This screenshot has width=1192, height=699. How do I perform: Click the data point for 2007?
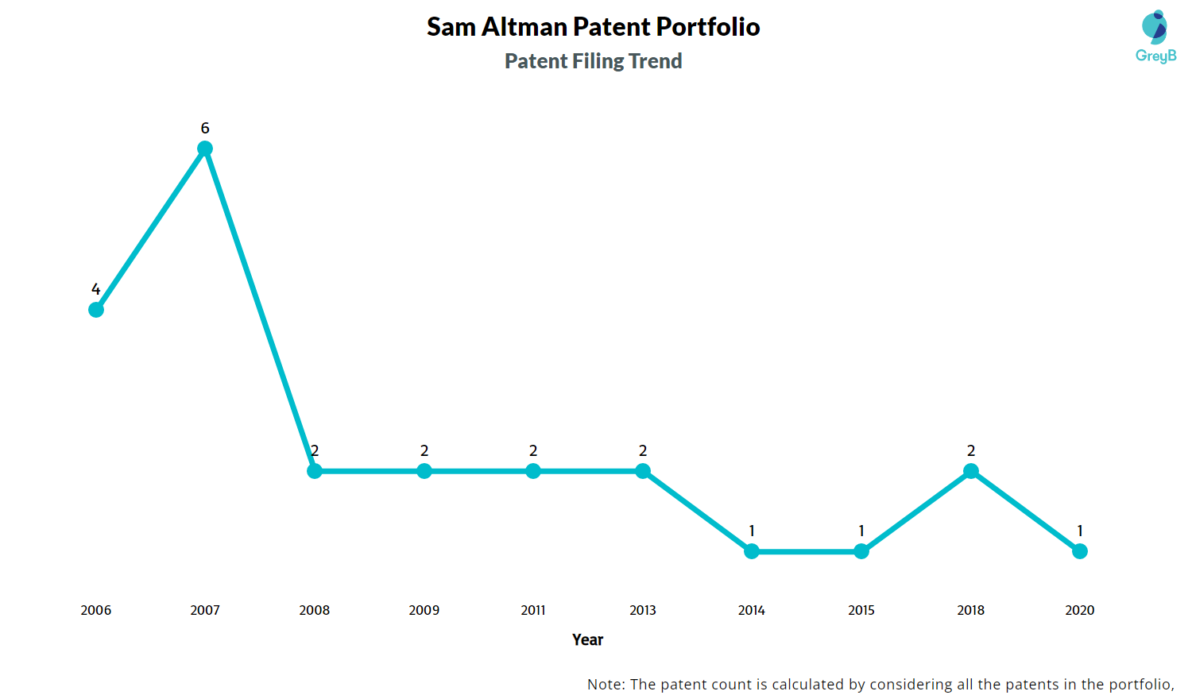(205, 149)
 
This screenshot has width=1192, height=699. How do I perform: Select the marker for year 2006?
(96, 310)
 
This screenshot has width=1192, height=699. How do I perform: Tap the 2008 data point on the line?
(315, 471)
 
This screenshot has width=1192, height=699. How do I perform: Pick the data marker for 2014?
(752, 551)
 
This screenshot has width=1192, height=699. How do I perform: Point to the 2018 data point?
(971, 471)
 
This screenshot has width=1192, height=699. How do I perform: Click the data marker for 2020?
(1080, 551)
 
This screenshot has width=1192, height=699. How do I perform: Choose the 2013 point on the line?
(643, 471)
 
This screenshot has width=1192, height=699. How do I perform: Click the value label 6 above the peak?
(205, 128)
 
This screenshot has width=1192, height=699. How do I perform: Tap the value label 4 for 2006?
(96, 289)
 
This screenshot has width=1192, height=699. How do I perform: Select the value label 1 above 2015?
(861, 531)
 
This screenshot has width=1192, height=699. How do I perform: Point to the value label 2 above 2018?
(971, 450)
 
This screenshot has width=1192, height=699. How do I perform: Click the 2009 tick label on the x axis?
(424, 610)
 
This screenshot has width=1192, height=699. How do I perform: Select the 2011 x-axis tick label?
(533, 610)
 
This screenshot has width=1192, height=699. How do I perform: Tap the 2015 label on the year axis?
(861, 610)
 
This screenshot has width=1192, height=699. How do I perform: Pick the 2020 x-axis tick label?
(1080, 610)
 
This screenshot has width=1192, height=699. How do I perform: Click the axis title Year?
(588, 639)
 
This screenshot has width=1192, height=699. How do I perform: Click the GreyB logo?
(1155, 37)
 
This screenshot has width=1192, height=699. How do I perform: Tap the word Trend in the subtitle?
(655, 61)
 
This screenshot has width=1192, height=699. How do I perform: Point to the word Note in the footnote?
(606, 684)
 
